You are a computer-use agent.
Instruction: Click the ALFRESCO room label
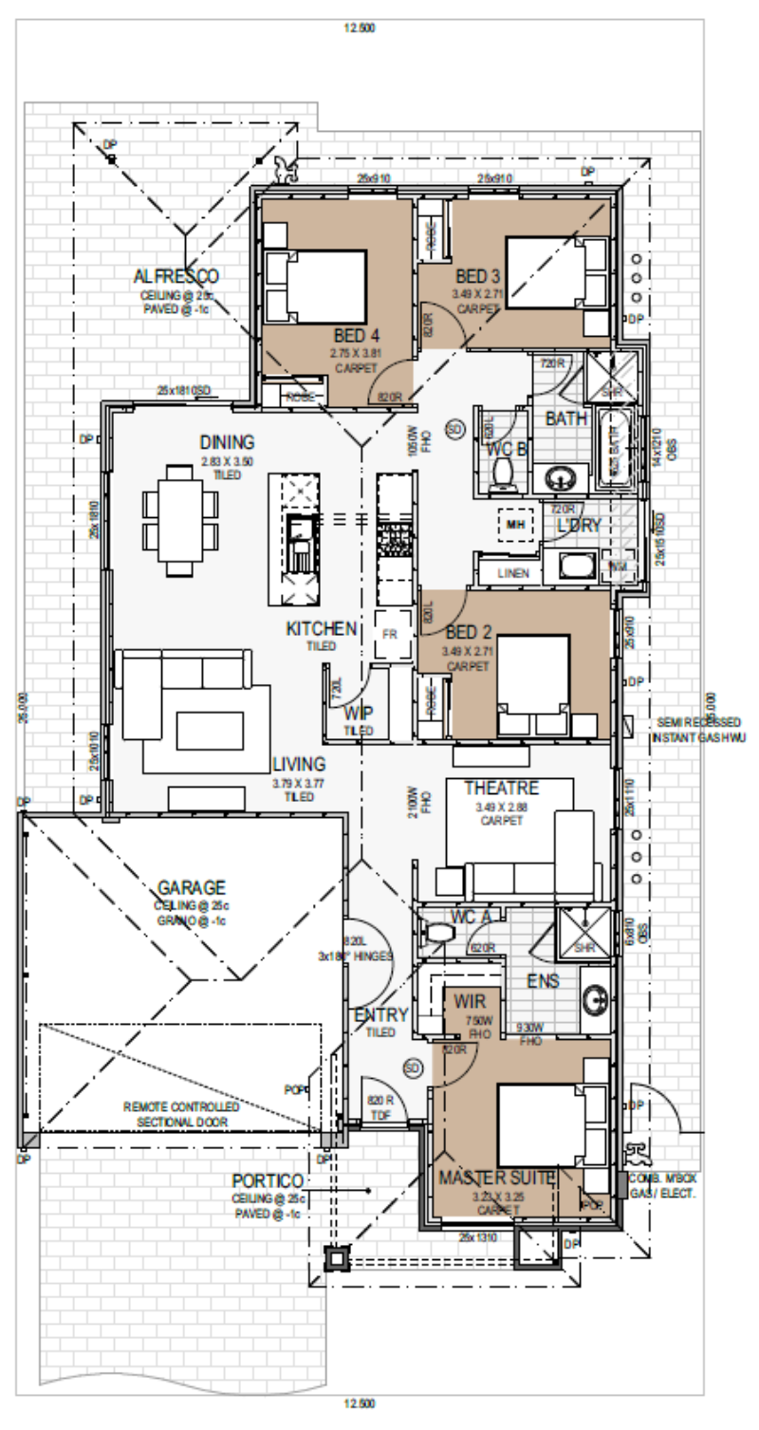click(176, 276)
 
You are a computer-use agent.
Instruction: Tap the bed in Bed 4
click(315, 286)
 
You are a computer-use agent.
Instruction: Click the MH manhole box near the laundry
click(515, 524)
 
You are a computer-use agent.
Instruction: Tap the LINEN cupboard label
click(508, 574)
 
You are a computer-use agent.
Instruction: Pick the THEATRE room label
click(501, 789)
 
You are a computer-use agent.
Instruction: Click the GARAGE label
click(191, 888)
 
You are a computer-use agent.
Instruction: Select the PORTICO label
click(268, 1180)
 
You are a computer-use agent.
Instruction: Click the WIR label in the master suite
click(470, 1002)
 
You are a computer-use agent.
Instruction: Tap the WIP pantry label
click(359, 713)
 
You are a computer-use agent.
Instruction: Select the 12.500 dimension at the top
click(360, 28)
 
